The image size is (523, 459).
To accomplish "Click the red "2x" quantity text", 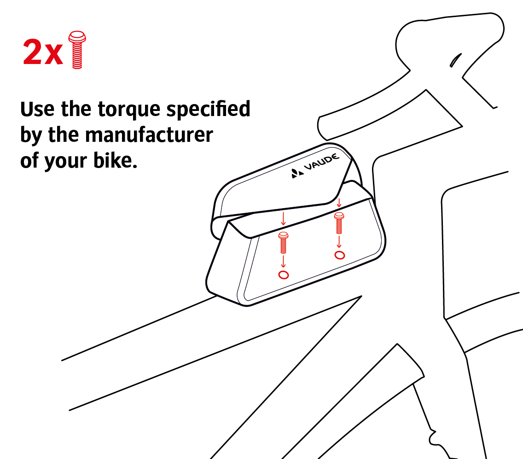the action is point(43,52).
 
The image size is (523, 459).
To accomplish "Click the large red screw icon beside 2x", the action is point(77,50).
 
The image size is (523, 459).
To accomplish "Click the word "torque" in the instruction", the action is point(130,110).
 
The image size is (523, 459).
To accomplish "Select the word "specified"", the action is point(208,109).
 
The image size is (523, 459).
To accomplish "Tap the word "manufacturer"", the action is point(149,135).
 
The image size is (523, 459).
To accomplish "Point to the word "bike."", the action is point(115,160).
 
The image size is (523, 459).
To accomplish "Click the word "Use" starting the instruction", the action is point(37,109).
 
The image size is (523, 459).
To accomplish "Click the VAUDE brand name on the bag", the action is point(322,162).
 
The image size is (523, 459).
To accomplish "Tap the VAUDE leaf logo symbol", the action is point(297,174).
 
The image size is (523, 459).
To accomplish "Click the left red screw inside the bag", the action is point(283,243).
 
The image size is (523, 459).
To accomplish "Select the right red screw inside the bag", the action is point(339,223).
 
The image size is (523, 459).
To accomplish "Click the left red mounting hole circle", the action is point(284,275).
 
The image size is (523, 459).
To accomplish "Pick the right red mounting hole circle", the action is point(340,255).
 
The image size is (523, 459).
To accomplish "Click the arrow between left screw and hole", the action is point(283,261).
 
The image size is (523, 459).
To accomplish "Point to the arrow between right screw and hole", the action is point(339,242).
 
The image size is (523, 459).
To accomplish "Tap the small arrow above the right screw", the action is point(339,203).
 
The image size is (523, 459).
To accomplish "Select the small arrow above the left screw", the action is point(284,218).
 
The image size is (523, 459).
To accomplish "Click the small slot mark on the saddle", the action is point(455,60).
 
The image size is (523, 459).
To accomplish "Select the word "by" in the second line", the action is point(31,135).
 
